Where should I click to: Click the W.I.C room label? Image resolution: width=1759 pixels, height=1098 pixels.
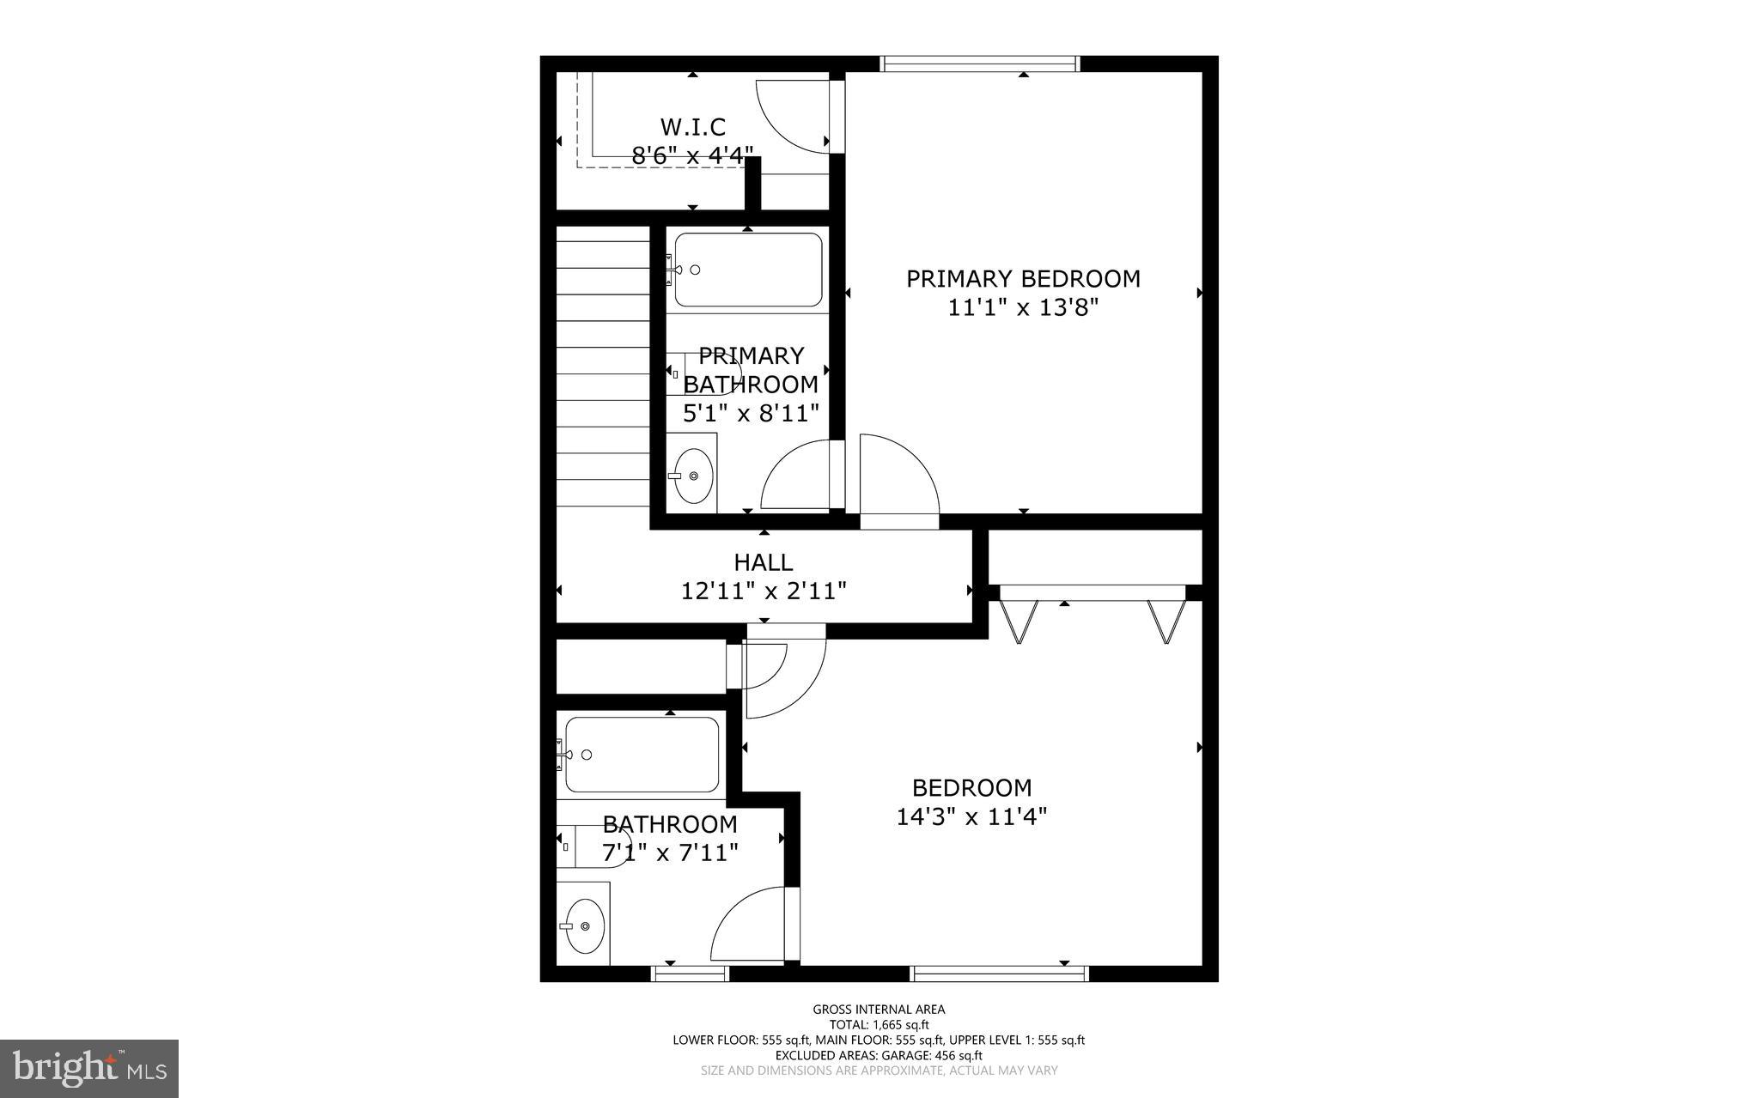point(692,127)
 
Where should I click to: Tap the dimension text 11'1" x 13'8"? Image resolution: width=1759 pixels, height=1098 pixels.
point(1023,307)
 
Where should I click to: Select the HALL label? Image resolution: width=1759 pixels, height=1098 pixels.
point(763,562)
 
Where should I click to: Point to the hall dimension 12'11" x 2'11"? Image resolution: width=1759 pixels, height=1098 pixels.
point(764,591)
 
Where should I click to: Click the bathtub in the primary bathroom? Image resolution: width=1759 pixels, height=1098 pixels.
point(748,270)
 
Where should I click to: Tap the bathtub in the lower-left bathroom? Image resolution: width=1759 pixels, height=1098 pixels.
point(642,755)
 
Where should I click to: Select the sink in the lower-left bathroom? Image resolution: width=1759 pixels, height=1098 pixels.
point(584,926)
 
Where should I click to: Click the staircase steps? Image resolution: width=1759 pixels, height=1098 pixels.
point(603,369)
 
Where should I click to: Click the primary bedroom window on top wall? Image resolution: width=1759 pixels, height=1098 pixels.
point(979,64)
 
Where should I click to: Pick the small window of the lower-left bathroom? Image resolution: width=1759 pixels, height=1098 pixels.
point(690,974)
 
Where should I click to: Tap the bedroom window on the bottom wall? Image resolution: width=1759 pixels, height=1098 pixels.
point(999,974)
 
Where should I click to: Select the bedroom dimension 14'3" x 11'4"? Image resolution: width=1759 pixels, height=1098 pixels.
point(971,816)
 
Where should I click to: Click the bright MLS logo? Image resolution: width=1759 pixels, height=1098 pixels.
point(89,1068)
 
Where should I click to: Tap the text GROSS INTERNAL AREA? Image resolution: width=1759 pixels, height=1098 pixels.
point(879,1010)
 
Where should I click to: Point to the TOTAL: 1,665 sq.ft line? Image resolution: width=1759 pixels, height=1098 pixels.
point(879,1025)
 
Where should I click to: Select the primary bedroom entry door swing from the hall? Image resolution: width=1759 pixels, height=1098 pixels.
point(898,476)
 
